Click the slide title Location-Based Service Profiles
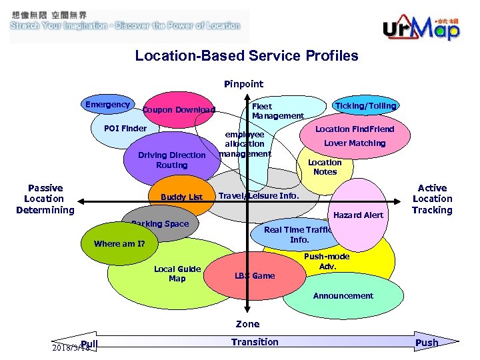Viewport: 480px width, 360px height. click(246, 56)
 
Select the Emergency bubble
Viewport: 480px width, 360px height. click(108, 105)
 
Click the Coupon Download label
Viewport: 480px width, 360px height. click(178, 110)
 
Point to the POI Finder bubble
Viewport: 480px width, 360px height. click(126, 129)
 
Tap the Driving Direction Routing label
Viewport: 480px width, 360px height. click(171, 160)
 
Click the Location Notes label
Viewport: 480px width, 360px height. click(325, 167)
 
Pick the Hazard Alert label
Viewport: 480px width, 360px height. click(358, 215)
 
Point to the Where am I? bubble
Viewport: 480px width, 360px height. click(119, 243)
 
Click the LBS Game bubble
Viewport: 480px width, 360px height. click(254, 275)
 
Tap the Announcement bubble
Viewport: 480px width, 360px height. click(343, 296)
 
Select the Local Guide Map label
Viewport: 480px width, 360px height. click(177, 273)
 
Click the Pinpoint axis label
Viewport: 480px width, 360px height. click(243, 84)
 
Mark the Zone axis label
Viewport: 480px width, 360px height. click(247, 324)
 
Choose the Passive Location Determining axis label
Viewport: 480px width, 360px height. click(45, 199)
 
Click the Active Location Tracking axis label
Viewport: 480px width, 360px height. click(432, 199)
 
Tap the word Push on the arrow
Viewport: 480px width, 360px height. click(427, 343)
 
